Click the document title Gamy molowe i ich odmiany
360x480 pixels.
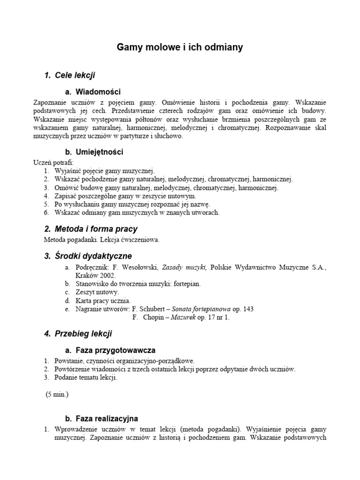[180, 47]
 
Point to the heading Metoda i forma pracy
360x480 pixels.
[96, 229]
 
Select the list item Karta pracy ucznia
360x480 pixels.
[103, 300]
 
